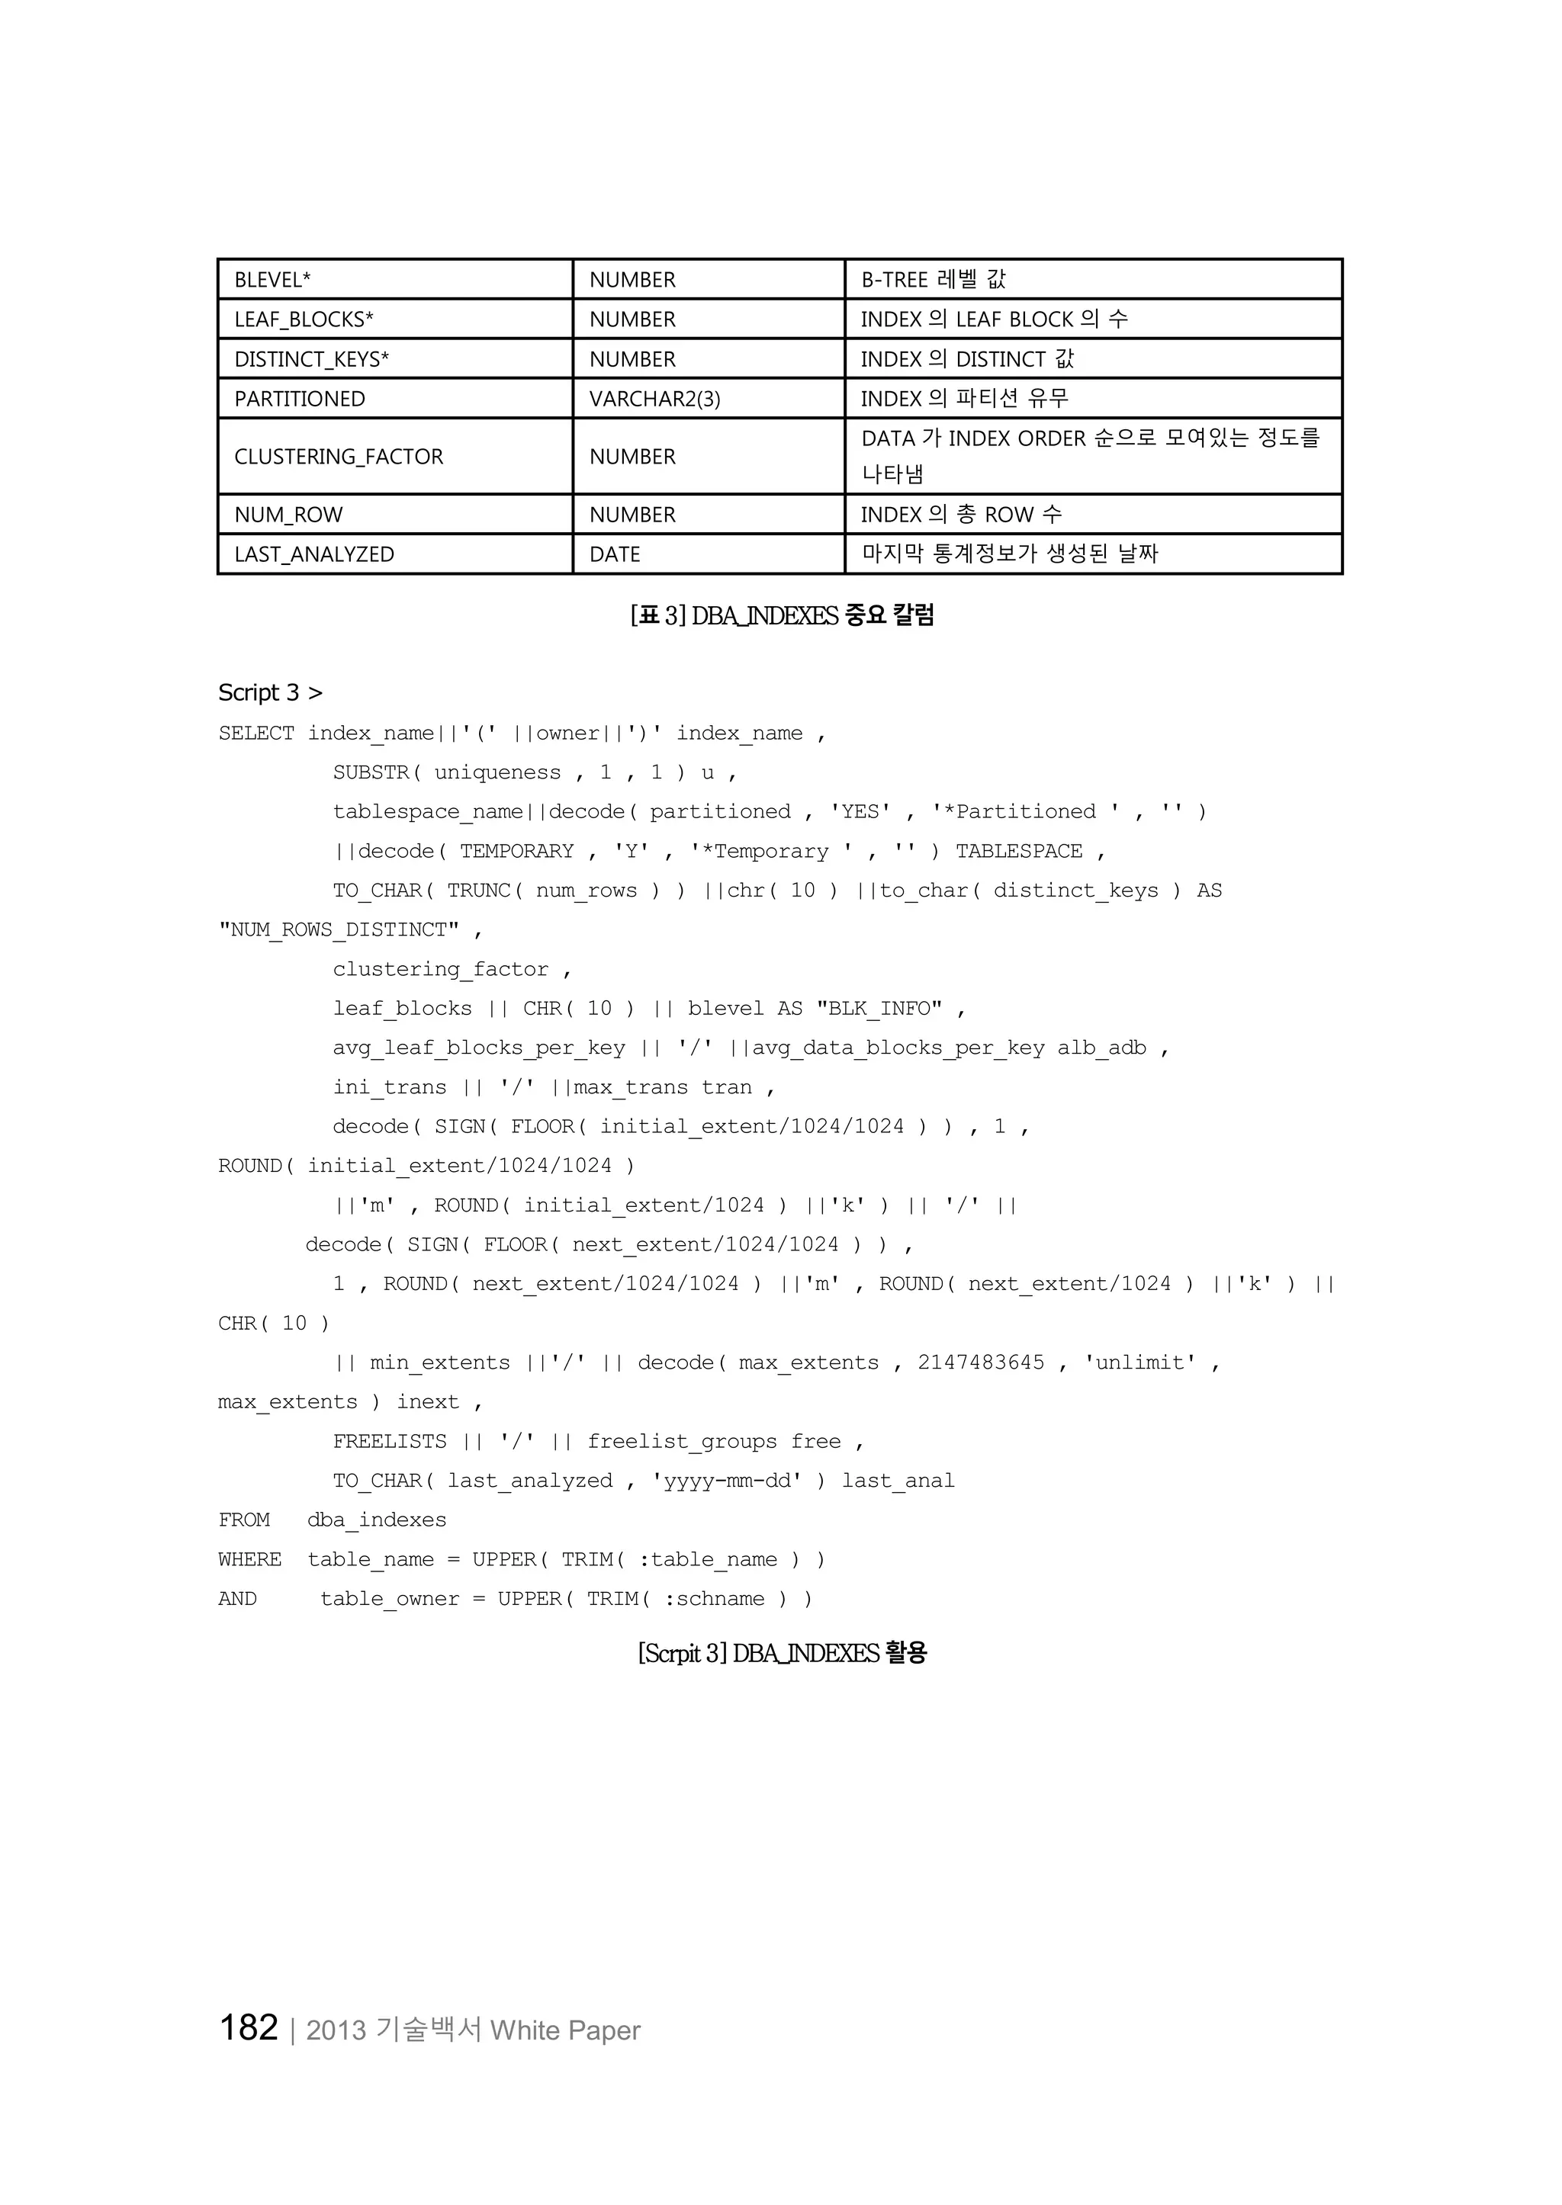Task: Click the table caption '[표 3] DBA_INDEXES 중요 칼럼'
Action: point(781,615)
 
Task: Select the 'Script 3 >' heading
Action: point(270,692)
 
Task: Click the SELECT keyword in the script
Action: point(256,733)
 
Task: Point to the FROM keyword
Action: point(244,1520)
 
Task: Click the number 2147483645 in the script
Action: point(980,1362)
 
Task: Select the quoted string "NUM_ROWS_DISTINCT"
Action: point(339,930)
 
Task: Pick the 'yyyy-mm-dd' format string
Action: point(726,1481)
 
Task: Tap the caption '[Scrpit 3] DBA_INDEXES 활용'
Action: point(781,1653)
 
